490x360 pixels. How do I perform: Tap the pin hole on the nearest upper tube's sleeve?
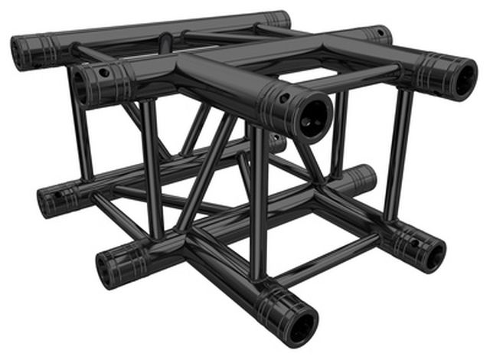(284, 99)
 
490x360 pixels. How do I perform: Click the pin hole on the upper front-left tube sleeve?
(105, 73)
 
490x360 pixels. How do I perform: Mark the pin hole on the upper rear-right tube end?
(379, 33)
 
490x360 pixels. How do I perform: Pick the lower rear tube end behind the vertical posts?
(366, 178)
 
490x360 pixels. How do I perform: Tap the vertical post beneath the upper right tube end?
(397, 153)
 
